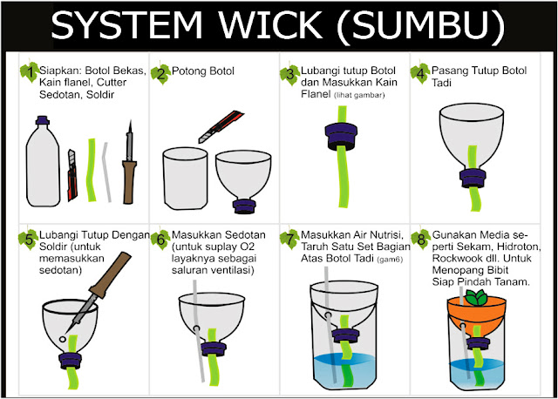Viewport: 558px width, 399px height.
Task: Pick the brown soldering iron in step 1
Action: tap(131, 166)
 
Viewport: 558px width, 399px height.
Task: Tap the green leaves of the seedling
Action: tap(478, 297)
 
